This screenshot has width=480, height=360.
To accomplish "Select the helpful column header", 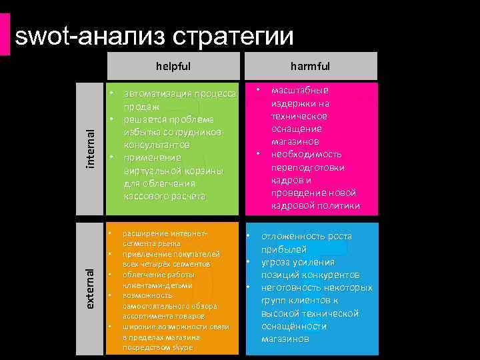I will (x=173, y=66).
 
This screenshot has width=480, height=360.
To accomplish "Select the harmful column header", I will (x=310, y=66).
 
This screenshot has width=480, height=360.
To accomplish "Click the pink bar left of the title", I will (x=6, y=34).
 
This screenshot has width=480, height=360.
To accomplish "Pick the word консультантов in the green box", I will (x=159, y=145).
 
